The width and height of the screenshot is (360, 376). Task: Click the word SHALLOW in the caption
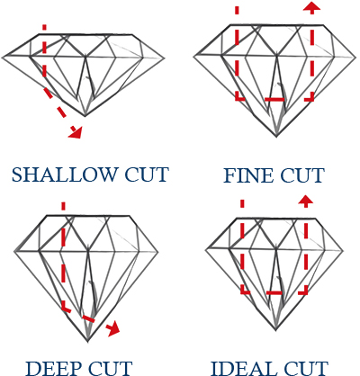click(63, 175)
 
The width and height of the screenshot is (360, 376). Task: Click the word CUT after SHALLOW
click(147, 175)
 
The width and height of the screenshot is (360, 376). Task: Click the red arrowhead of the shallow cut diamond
click(76, 132)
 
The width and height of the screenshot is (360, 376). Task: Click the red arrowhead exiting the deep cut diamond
click(114, 329)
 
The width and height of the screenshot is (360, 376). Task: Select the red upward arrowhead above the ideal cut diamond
click(306, 201)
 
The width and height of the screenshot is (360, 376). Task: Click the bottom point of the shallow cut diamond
click(85, 116)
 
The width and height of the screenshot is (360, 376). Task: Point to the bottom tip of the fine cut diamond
click(276, 137)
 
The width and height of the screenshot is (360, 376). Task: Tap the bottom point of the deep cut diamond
click(87, 341)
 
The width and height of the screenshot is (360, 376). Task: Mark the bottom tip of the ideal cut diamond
click(275, 330)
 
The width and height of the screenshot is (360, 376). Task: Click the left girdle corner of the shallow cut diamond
click(2, 57)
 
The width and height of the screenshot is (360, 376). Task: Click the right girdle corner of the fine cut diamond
click(355, 57)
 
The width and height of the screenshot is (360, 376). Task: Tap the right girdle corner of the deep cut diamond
click(158, 252)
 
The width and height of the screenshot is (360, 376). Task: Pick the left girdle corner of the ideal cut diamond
click(206, 249)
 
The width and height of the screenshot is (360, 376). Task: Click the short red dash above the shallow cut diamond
click(44, 27)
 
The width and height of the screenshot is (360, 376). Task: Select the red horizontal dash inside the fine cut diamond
click(274, 99)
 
